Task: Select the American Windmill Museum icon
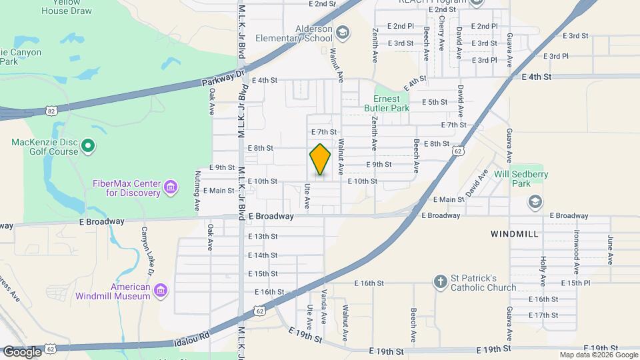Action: pos(159,291)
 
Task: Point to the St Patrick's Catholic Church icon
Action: pos(439,282)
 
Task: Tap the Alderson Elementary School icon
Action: pos(342,33)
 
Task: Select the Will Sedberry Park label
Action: pos(518,179)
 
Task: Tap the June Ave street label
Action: pos(610,249)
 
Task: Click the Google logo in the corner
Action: pos(22,351)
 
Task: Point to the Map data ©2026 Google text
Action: pos(598,355)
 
